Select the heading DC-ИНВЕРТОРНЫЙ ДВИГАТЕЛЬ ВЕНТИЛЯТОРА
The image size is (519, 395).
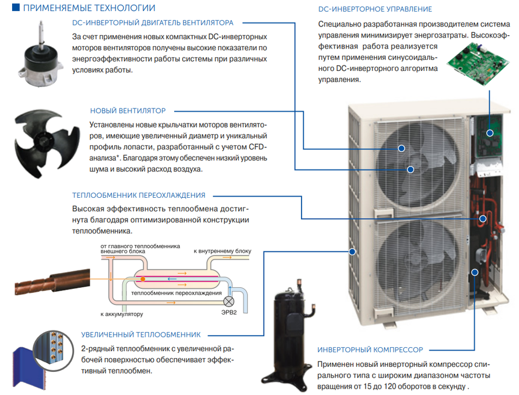click(153, 23)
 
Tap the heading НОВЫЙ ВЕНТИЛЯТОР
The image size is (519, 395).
click(127, 110)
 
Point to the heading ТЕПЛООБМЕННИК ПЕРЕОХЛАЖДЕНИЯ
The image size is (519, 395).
click(138, 195)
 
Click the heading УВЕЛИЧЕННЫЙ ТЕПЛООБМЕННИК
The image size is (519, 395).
click(141, 334)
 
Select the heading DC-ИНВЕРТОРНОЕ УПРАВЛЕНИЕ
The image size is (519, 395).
click(375, 10)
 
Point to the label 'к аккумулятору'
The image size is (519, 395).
click(121, 314)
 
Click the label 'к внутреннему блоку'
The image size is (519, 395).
click(223, 251)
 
